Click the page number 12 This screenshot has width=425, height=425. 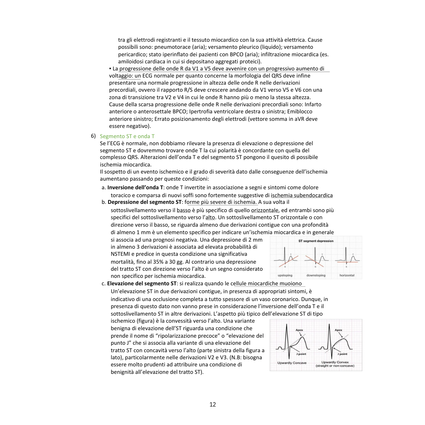coord(213,404)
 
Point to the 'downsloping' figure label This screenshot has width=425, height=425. coord(316,275)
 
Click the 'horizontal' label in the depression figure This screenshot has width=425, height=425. coord(347,275)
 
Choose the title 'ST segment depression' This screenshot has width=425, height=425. coord(316,241)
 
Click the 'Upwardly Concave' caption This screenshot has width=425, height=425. coord(292,362)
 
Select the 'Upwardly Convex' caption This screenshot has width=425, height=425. coord(335,362)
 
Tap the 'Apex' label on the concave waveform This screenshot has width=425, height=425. coord(299,330)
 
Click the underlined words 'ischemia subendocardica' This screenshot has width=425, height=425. coord(302,195)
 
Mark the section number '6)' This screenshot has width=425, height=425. coord(93,136)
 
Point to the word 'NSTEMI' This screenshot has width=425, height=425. coord(120,254)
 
